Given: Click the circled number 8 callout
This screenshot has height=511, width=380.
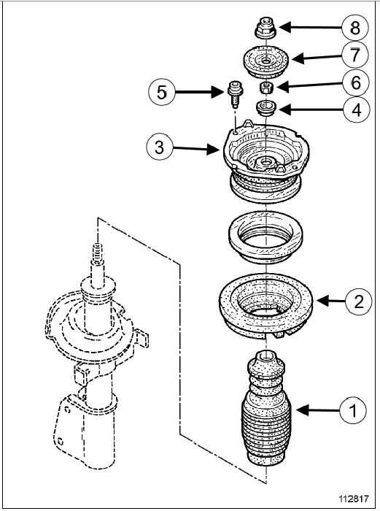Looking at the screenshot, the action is pos(355,28).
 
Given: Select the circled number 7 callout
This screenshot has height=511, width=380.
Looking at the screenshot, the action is pos(355,55).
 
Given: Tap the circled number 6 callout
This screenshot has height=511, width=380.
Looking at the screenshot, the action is pos(356,82).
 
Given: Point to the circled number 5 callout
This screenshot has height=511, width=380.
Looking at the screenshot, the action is pos(162,92).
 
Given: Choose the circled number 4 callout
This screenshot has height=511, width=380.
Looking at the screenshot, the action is pos(357,109).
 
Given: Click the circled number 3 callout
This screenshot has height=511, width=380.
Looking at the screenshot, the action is pos(160,147).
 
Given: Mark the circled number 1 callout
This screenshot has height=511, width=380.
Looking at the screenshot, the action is pos(353,410).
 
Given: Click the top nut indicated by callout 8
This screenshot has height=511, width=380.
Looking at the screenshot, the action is pos(265,27).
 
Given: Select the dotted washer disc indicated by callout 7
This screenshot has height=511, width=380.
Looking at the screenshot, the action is pos(266,62).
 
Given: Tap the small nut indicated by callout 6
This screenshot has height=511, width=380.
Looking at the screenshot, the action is pos(265,88).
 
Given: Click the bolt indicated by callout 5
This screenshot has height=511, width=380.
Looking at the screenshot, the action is pos(233,94).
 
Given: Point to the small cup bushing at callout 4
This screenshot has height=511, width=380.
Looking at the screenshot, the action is pos(266,109).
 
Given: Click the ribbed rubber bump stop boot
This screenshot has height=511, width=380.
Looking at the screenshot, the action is pos(266,408).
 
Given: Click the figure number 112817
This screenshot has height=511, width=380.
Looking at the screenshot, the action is pos(354,499).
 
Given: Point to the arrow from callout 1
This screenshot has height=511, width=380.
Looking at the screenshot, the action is pos(317,410).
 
